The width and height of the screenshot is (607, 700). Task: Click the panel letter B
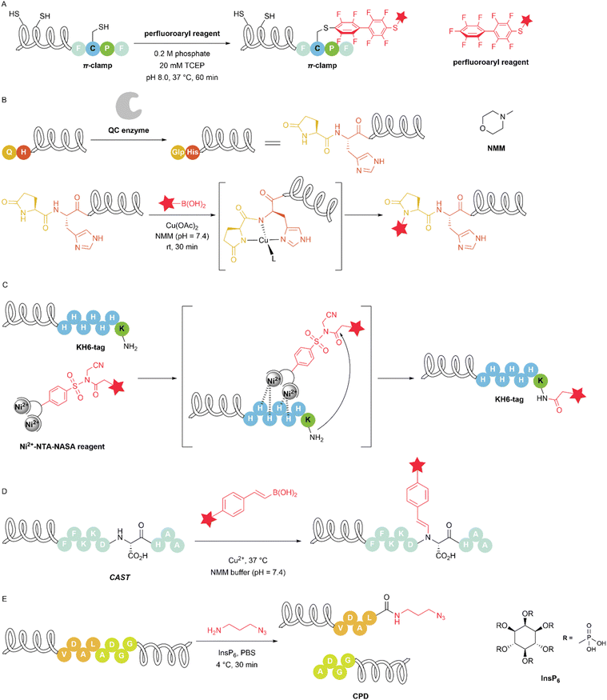click(4, 99)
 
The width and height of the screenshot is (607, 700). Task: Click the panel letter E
click(4, 598)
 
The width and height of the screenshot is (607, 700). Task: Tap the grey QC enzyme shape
click(129, 106)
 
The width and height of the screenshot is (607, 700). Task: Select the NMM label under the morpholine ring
click(496, 148)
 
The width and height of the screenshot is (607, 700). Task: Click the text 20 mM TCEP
click(182, 65)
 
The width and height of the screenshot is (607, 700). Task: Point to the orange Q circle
click(9, 152)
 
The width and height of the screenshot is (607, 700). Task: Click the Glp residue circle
click(178, 152)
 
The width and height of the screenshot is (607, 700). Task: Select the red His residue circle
click(193, 152)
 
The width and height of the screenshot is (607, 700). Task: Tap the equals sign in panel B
click(273, 143)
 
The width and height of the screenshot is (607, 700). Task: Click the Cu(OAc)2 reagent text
click(182, 226)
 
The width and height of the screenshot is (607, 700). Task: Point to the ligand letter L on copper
click(274, 258)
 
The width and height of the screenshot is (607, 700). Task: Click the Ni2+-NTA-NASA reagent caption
click(62, 446)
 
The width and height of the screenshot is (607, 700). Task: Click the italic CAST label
click(120, 578)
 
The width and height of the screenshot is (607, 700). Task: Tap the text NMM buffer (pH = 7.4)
click(248, 572)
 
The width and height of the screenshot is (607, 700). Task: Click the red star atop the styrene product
click(417, 465)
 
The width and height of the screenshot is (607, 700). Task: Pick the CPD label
click(361, 696)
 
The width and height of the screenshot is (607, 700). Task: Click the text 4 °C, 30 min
click(237, 664)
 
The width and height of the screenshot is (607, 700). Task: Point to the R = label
click(568, 638)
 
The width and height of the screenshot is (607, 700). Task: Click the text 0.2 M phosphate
click(182, 54)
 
